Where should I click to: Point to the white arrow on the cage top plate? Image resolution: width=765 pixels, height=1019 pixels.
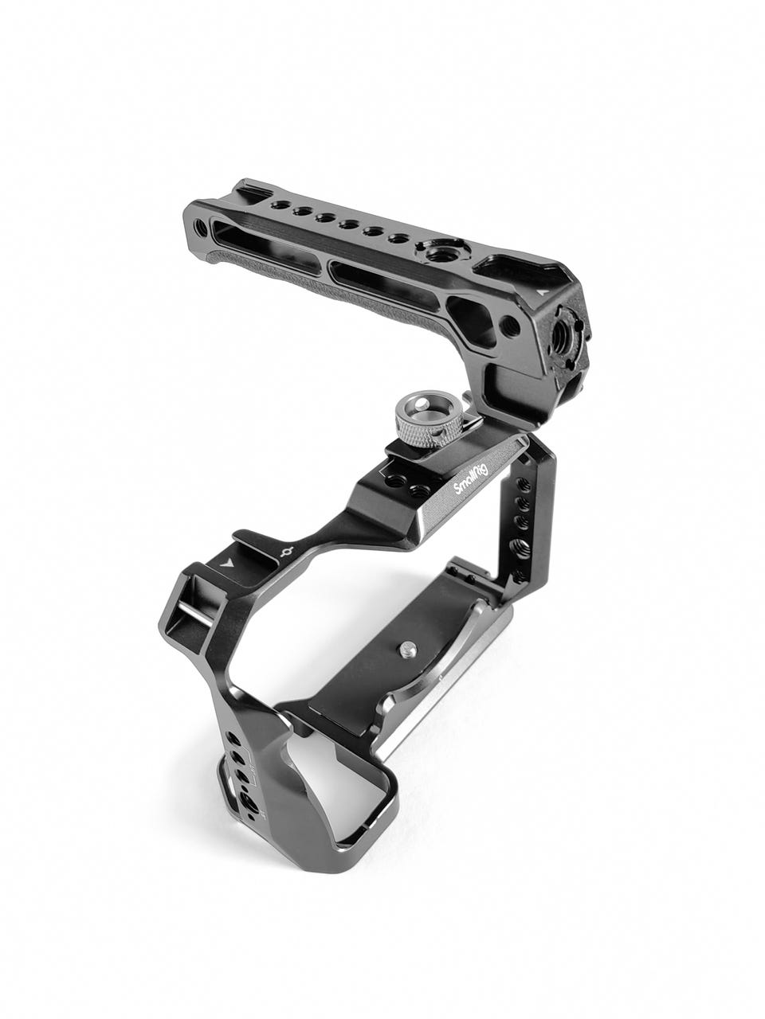click(x=227, y=564)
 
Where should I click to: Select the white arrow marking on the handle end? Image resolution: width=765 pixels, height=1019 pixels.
click(x=541, y=293)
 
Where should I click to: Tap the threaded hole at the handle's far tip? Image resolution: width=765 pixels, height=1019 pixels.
click(x=200, y=224)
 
